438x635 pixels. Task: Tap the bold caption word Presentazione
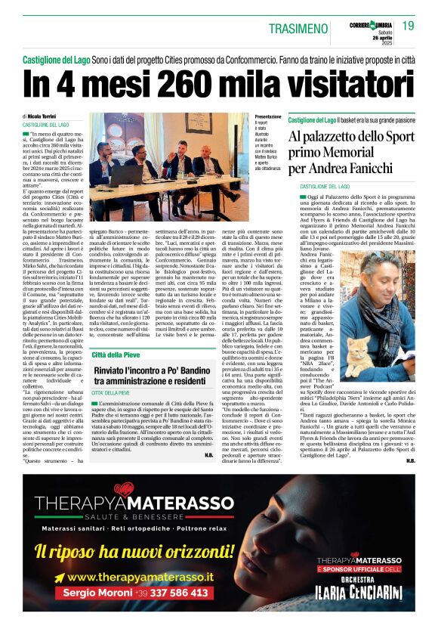[268, 117]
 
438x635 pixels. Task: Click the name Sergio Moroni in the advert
[95, 594]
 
